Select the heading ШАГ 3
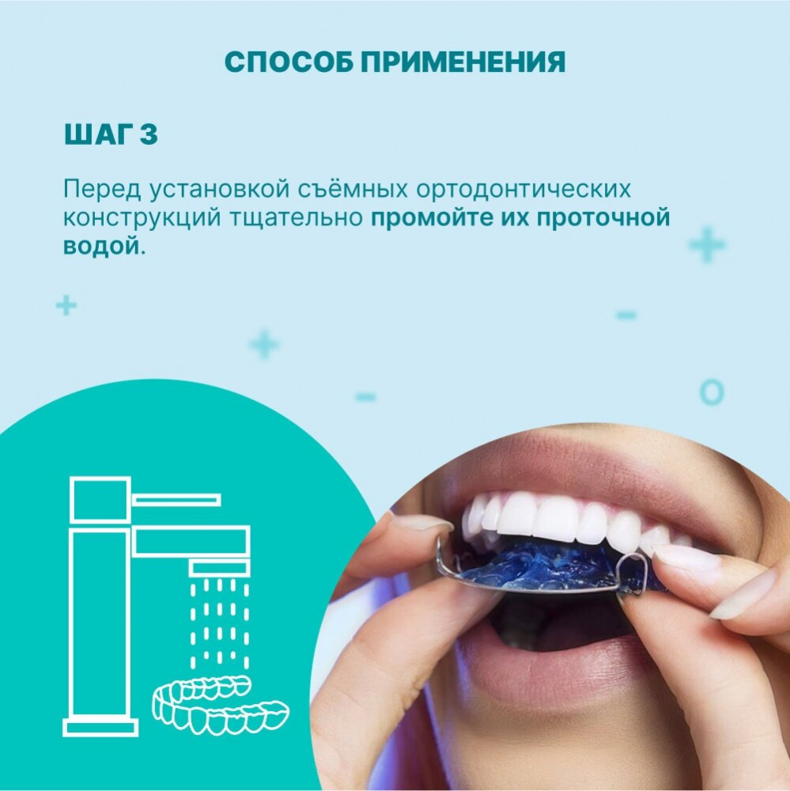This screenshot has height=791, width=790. click(111, 134)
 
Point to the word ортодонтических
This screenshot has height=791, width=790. click(524, 190)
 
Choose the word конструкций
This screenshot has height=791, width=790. click(142, 218)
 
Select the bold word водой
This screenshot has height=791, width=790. click(100, 246)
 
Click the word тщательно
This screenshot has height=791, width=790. click(297, 218)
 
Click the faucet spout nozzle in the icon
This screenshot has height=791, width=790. click(220, 567)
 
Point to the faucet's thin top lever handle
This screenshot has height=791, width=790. click(176, 499)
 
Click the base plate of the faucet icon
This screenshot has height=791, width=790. click(101, 727)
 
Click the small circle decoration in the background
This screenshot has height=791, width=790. click(712, 392)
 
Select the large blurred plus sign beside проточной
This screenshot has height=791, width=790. click(707, 244)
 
